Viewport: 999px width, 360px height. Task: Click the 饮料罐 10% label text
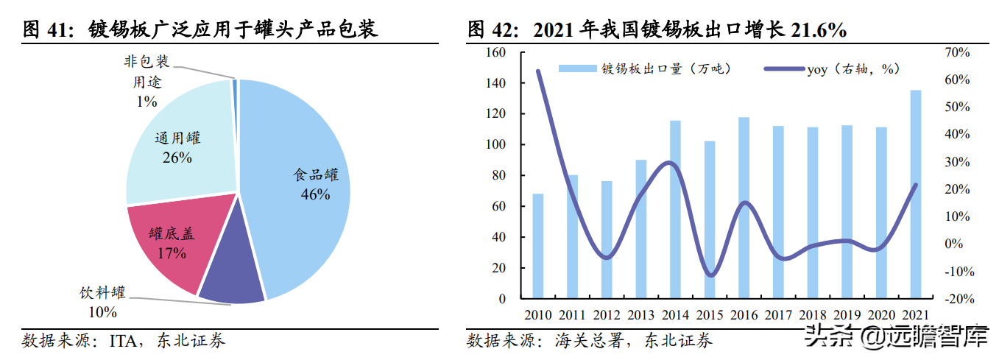pos(102,302)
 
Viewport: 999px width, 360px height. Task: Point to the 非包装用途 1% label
pos(147,82)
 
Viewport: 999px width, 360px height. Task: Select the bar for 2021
pos(915,194)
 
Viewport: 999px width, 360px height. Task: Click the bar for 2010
pos(538,246)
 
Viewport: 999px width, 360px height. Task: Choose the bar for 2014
pos(675,209)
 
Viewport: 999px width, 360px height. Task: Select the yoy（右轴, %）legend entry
pos(832,69)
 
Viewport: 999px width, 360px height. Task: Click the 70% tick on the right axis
pos(957,53)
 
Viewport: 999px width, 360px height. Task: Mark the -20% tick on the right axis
pos(957,299)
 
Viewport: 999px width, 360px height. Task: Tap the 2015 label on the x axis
pos(710,315)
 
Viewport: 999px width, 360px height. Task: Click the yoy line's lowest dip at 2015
pos(710,275)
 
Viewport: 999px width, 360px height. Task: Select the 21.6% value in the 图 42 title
pos(818,29)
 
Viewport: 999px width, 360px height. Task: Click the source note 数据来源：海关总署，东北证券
pos(589,341)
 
